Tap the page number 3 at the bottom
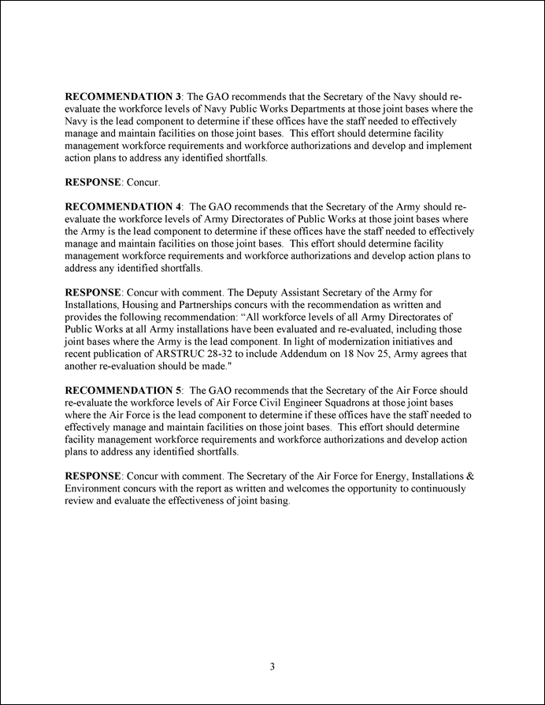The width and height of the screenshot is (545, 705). (x=272, y=668)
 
